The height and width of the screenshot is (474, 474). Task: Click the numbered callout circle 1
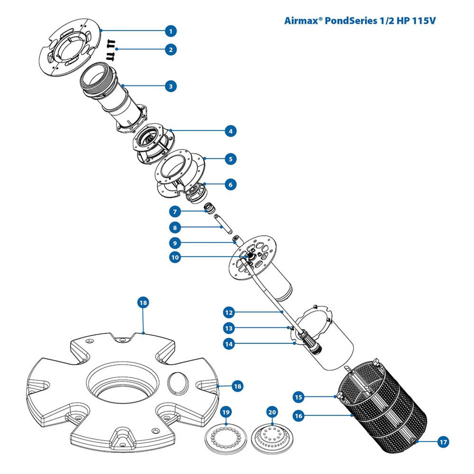coord(171,31)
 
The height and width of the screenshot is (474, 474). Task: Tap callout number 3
coord(171,86)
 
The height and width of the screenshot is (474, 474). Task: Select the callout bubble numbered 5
coord(231,159)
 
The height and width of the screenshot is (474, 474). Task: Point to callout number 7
coord(175,212)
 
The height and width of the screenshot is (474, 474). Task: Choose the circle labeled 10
coord(175,257)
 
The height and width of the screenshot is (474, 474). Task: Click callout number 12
coord(229,313)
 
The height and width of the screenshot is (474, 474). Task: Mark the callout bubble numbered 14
coord(229,344)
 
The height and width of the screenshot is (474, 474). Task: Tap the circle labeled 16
coord(298,416)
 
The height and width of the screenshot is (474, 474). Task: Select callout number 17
coord(443,441)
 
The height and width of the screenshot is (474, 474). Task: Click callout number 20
coord(272,412)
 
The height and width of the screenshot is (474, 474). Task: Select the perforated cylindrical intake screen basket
coord(385,411)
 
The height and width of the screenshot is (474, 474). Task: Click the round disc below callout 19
coord(226,440)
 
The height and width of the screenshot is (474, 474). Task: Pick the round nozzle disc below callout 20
coord(272,440)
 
